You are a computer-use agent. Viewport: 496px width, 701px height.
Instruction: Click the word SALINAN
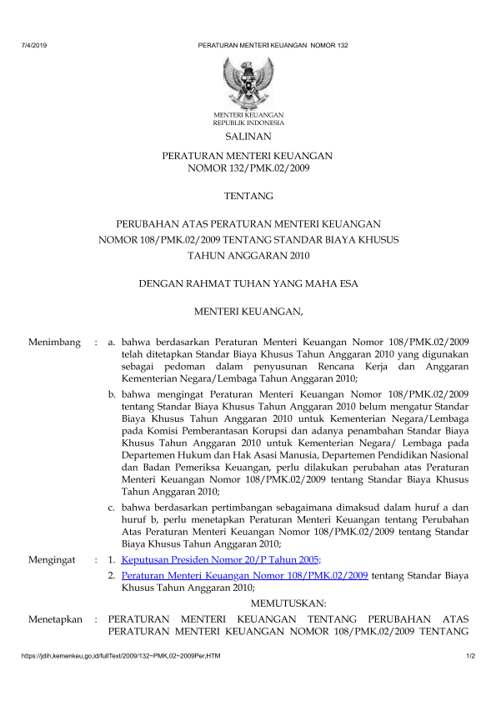(248, 136)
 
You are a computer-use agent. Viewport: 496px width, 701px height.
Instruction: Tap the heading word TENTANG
(248, 197)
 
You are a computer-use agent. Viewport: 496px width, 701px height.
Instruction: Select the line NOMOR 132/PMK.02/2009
(248, 168)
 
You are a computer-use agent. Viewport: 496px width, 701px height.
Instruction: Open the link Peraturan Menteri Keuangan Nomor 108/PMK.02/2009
(244, 575)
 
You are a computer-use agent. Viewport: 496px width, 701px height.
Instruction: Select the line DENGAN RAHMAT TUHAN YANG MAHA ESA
(248, 284)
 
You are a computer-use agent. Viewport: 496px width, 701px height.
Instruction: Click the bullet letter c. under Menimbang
(113, 507)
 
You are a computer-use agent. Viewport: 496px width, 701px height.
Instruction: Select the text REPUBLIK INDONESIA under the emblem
(248, 122)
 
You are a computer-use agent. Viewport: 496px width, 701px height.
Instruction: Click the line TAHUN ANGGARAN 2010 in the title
(248, 256)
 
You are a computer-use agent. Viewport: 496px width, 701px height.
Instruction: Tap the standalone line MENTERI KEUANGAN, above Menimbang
(248, 313)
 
